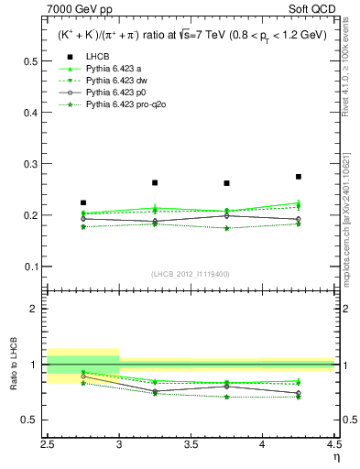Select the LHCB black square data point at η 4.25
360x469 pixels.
[299, 177]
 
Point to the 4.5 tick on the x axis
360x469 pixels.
[333, 443]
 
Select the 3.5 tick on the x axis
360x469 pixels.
[191, 443]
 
